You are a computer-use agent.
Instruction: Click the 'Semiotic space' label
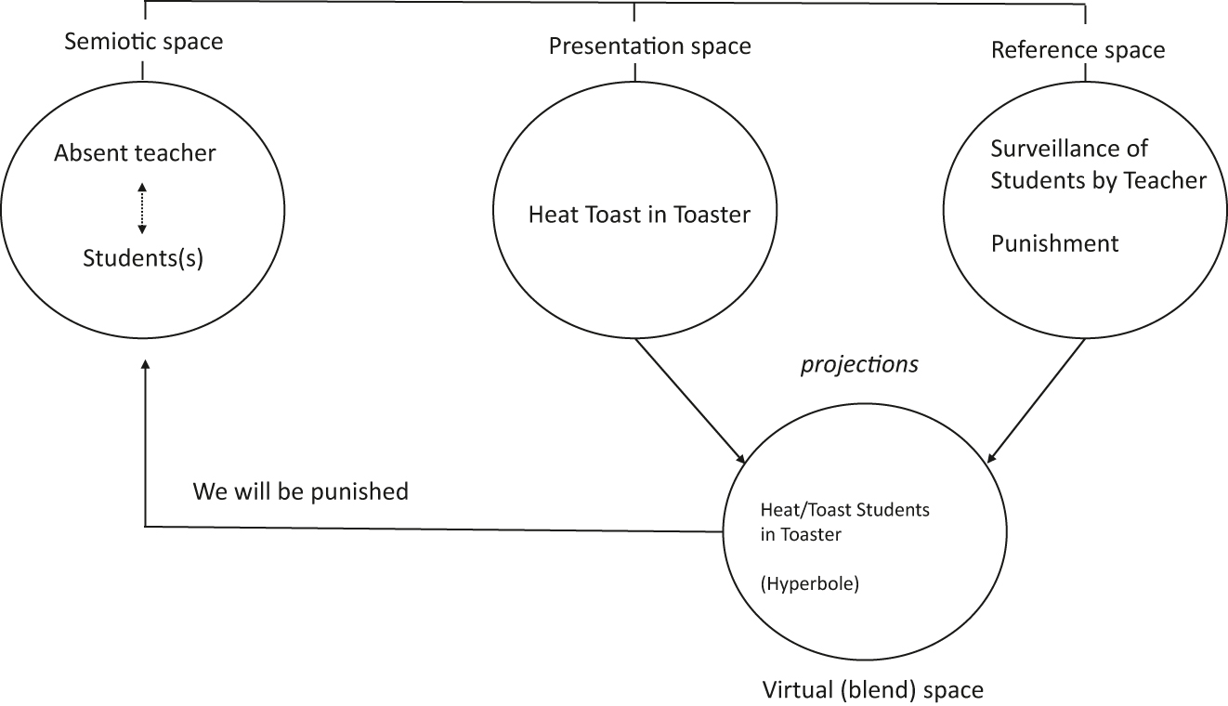tap(144, 42)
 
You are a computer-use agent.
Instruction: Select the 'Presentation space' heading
tap(649, 46)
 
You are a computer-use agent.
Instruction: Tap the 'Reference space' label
tap(1078, 49)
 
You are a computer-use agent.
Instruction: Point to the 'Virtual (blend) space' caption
tap(872, 690)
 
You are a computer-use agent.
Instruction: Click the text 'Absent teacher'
tap(135, 153)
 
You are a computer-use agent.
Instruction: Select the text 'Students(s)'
tap(142, 258)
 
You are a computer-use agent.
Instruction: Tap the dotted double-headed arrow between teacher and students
tap(141, 208)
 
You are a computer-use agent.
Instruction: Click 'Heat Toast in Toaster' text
tap(639, 215)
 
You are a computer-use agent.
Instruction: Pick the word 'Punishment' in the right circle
tap(1054, 243)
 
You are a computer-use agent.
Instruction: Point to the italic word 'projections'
tap(859, 365)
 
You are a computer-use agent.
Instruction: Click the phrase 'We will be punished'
tap(300, 490)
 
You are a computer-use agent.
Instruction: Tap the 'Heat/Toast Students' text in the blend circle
tap(844, 511)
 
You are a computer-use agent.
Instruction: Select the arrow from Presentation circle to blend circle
tap(690, 400)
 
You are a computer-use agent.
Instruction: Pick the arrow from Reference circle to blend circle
tap(1036, 400)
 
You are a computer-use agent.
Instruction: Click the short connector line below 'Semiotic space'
tap(144, 71)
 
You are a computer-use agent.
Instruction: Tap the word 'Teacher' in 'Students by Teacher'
tap(1171, 180)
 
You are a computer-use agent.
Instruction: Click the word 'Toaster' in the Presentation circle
tap(712, 215)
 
